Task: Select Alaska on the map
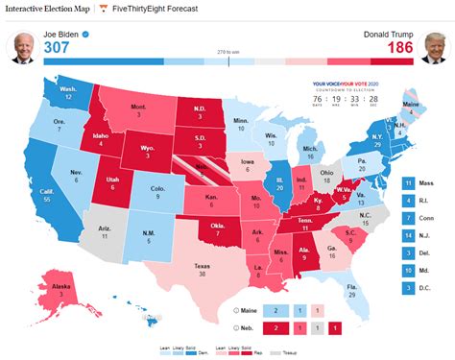[x=63, y=288]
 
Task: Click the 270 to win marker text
[x=227, y=52]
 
